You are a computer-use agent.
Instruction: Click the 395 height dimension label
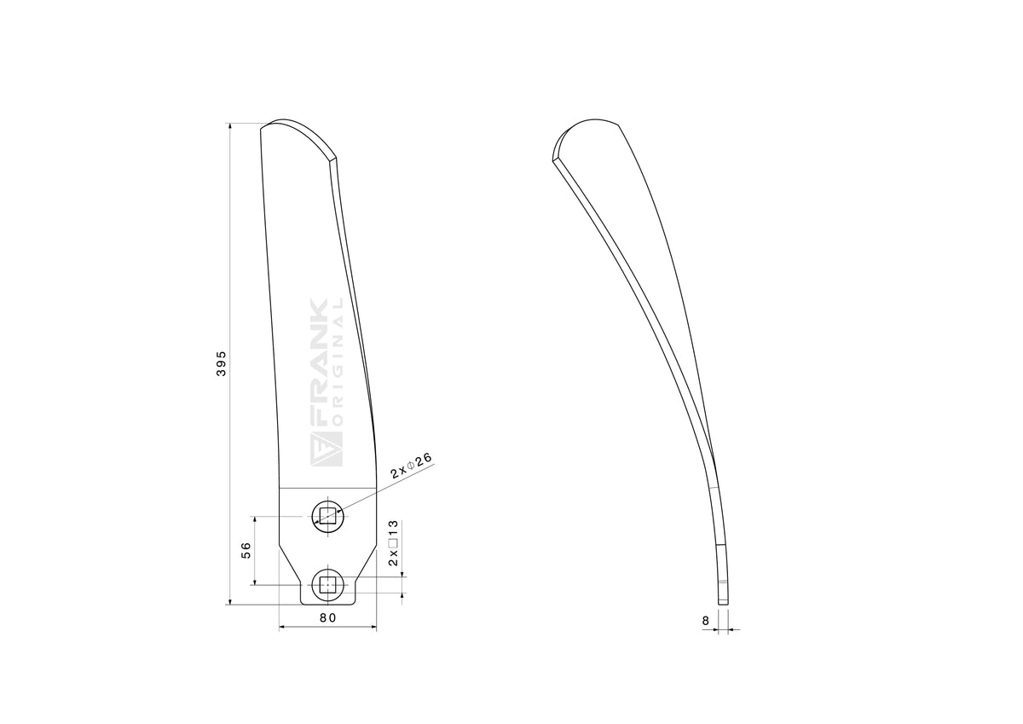pyautogui.click(x=221, y=363)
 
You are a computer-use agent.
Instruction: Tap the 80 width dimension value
pyautogui.click(x=328, y=617)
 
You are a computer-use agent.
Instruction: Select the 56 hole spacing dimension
pyautogui.click(x=246, y=550)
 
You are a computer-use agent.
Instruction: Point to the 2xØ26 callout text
pyautogui.click(x=412, y=466)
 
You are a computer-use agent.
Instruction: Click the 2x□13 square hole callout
pyautogui.click(x=393, y=542)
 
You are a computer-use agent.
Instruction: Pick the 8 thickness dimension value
pyautogui.click(x=706, y=621)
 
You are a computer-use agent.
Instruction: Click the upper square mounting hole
pyautogui.click(x=328, y=517)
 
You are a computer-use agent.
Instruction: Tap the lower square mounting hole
pyautogui.click(x=327, y=585)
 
